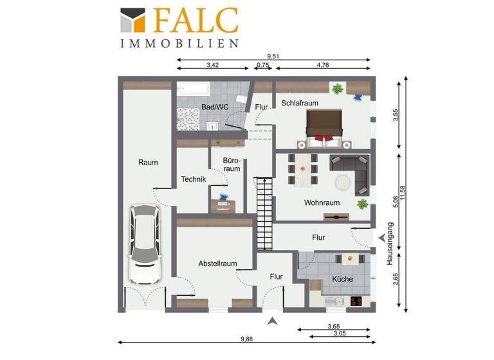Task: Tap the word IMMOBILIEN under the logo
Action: pyautogui.click(x=179, y=44)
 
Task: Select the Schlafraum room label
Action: pyautogui.click(x=300, y=103)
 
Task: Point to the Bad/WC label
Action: pyautogui.click(x=215, y=107)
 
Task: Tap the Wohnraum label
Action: pyautogui.click(x=322, y=203)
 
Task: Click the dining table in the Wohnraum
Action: pyautogui.click(x=302, y=169)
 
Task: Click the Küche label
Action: pyautogui.click(x=342, y=279)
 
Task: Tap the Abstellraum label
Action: pyautogui.click(x=218, y=264)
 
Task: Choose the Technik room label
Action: pyautogui.click(x=193, y=179)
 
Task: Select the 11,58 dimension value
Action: pyautogui.click(x=404, y=192)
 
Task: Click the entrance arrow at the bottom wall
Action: pyautogui.click(x=273, y=320)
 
